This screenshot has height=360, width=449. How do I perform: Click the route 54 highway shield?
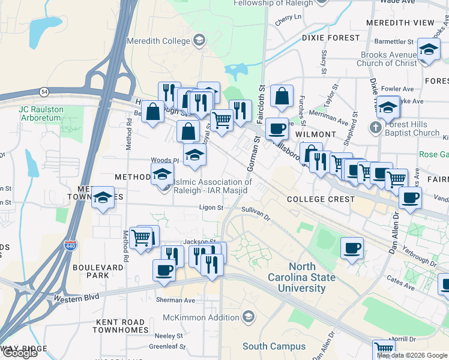coord(44,91)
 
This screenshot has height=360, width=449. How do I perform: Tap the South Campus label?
coord(269,346)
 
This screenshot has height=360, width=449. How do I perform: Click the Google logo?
coord(20,353)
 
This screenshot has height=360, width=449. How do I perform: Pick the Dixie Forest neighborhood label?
coord(330,37)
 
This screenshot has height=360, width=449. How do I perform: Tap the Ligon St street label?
coord(211,208)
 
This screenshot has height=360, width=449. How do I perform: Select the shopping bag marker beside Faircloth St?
coord(281,95)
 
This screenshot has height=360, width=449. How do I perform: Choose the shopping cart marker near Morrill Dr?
coord(384,349)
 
